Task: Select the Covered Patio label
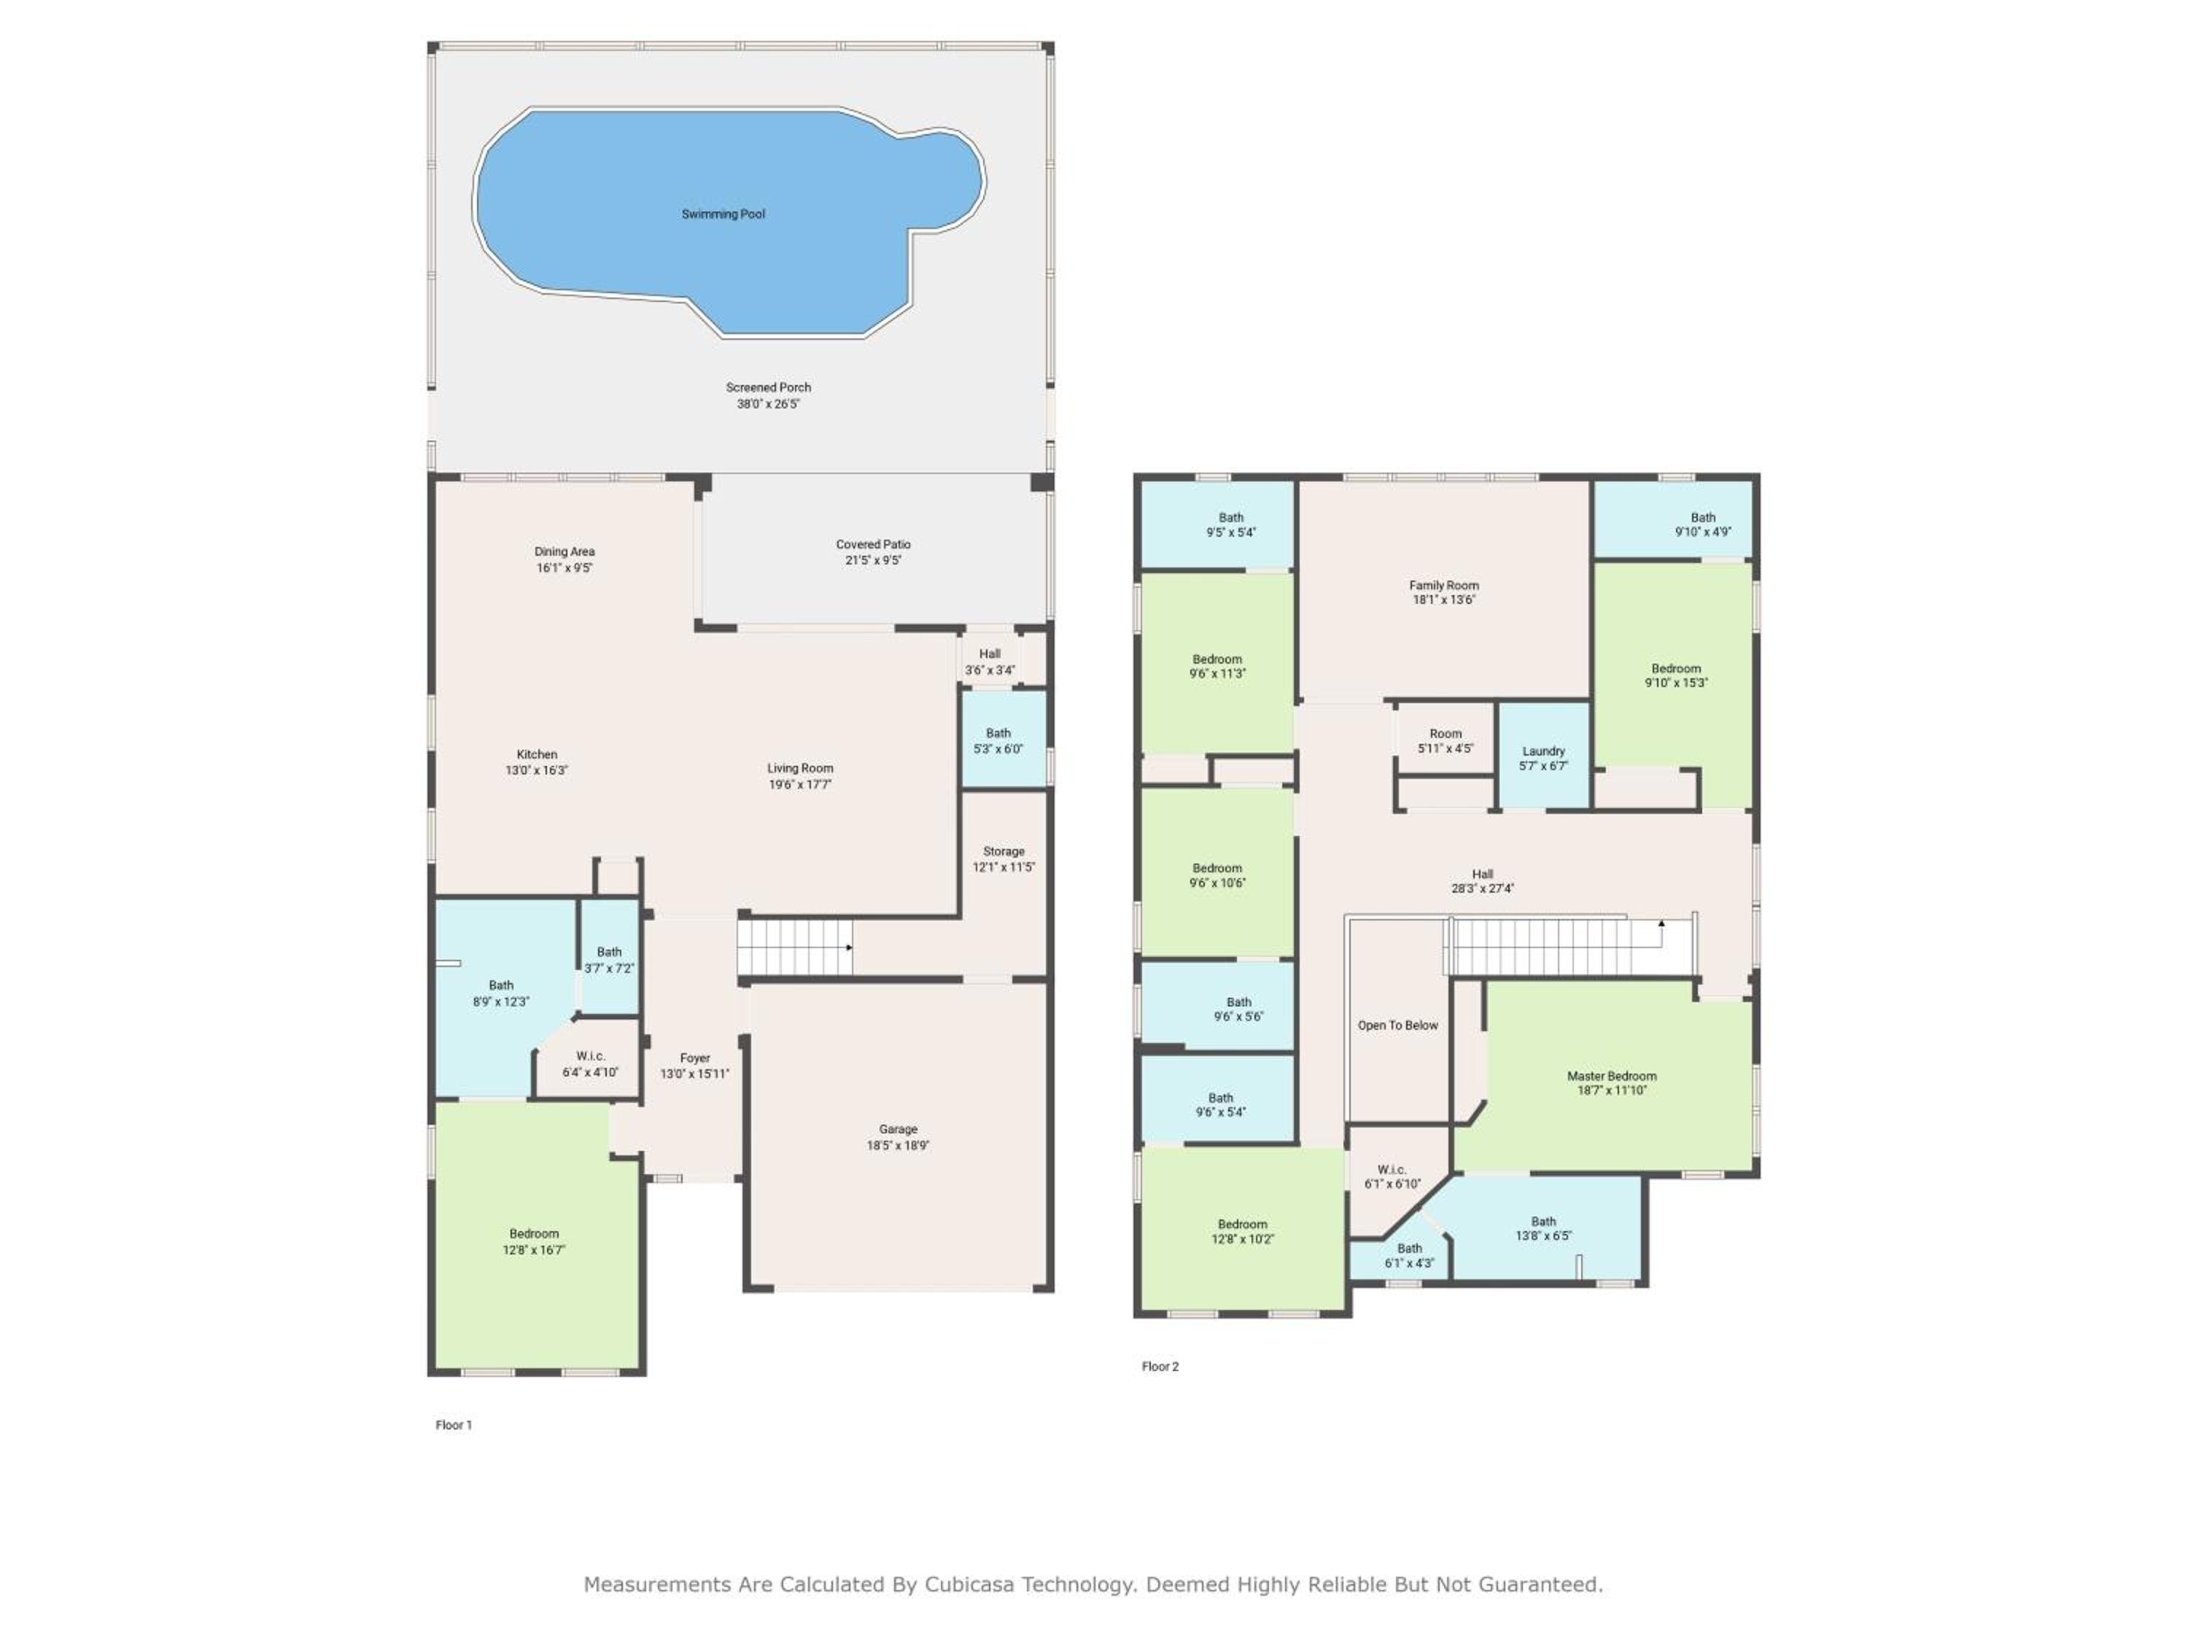(x=874, y=544)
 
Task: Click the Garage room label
(x=898, y=1128)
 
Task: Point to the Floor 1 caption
(x=454, y=1424)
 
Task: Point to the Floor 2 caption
(x=1160, y=1366)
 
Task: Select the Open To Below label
(x=1397, y=1025)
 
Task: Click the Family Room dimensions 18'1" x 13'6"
(x=1444, y=600)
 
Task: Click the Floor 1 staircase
(x=795, y=947)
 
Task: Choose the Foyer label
(x=694, y=1058)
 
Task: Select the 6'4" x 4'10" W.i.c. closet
(x=589, y=1063)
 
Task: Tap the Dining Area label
(x=565, y=551)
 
